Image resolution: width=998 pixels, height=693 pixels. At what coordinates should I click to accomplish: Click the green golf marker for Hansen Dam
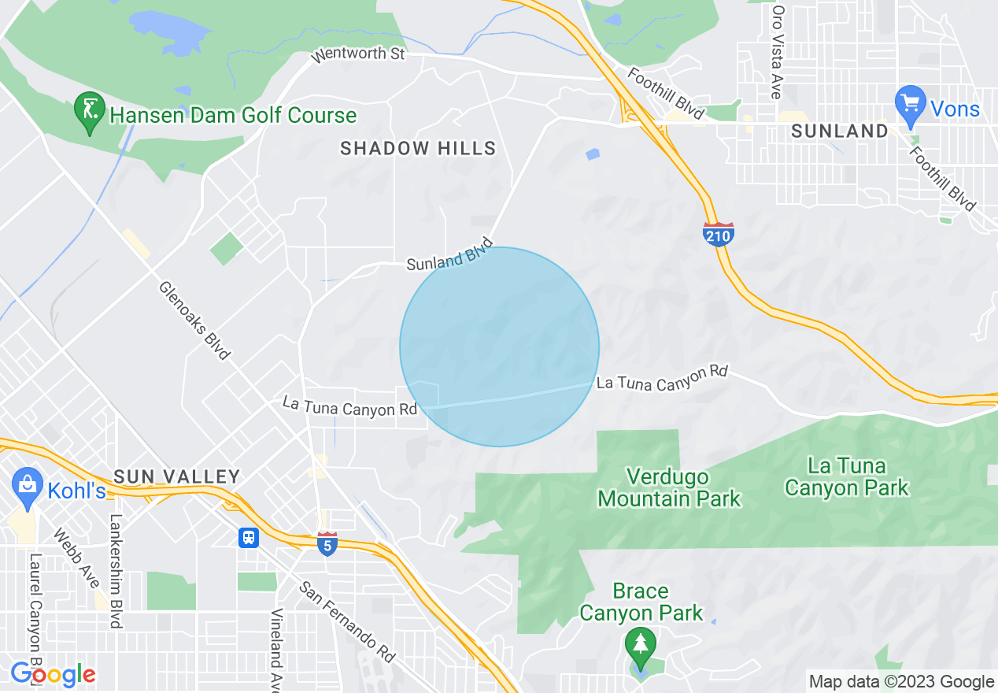pyautogui.click(x=90, y=112)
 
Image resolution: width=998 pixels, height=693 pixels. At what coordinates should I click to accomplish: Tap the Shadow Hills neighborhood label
pyautogui.click(x=418, y=148)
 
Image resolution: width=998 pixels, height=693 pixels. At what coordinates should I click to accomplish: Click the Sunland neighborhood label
pyautogui.click(x=840, y=132)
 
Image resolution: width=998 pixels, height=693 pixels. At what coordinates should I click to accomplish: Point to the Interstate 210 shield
pyautogui.click(x=719, y=234)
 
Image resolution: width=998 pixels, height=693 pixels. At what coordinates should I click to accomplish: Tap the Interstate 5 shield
pyautogui.click(x=327, y=543)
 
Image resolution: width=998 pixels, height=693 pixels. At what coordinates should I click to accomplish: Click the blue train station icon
pyautogui.click(x=249, y=537)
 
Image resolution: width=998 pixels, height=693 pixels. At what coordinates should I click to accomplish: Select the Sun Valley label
pyautogui.click(x=176, y=476)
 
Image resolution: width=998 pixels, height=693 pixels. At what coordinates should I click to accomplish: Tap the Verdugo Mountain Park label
pyautogui.click(x=669, y=487)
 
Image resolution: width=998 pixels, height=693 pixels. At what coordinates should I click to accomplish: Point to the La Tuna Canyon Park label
pyautogui.click(x=847, y=477)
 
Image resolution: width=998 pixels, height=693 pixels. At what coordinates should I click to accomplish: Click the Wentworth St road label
pyautogui.click(x=358, y=54)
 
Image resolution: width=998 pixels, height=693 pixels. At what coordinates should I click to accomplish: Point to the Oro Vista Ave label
pyautogui.click(x=778, y=52)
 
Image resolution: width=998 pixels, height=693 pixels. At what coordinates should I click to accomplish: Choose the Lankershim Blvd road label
pyautogui.click(x=117, y=572)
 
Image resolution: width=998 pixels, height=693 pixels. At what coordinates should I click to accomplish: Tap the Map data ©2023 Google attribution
pyautogui.click(x=902, y=682)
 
